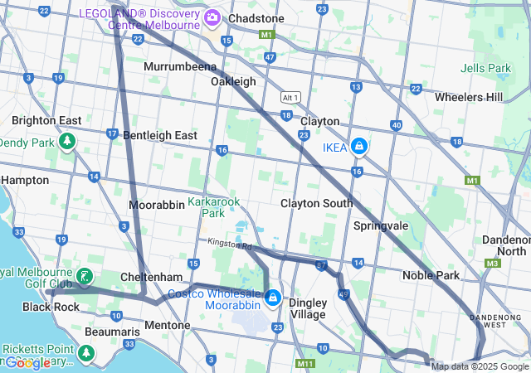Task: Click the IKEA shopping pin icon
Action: [358, 147]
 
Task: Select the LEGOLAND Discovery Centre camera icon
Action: [212, 17]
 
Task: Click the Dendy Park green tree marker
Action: [66, 143]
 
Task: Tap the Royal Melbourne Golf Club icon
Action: [84, 276]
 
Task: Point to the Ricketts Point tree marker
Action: [85, 353]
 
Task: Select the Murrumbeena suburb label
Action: [179, 66]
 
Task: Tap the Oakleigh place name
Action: [233, 81]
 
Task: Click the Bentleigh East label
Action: [160, 135]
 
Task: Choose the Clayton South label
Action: [316, 203]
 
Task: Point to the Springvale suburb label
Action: [381, 225]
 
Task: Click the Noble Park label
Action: [431, 275]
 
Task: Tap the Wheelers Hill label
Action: [469, 97]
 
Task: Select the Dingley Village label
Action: [307, 308]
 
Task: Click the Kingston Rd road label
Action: [230, 245]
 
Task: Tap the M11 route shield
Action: [305, 364]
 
